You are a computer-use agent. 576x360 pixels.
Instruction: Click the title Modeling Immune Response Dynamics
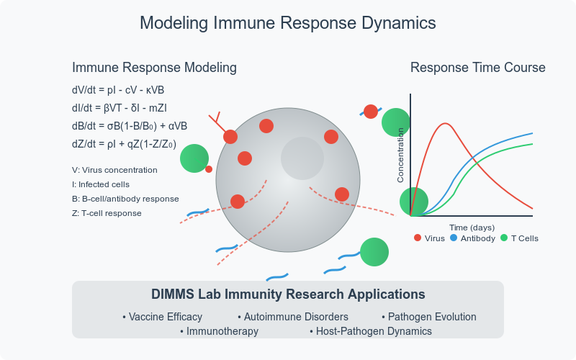pyautogui.click(x=288, y=23)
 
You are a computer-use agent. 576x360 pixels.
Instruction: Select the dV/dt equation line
pyautogui.click(x=119, y=91)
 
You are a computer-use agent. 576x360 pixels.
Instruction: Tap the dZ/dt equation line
pyautogui.click(x=124, y=143)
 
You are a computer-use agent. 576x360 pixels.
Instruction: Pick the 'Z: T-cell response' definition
pyautogui.click(x=107, y=213)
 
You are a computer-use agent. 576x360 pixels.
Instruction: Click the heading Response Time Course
pyautogui.click(x=477, y=68)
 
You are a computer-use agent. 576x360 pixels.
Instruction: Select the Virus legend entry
pyautogui.click(x=430, y=238)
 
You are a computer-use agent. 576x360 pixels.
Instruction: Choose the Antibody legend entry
pyautogui.click(x=472, y=238)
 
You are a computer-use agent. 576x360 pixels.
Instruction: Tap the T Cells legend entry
pyautogui.click(x=519, y=238)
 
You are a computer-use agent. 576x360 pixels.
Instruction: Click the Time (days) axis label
pyautogui.click(x=472, y=228)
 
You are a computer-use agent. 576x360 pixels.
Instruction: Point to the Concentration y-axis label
pyautogui.click(x=401, y=155)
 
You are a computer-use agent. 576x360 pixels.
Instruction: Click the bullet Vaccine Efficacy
pyautogui.click(x=163, y=317)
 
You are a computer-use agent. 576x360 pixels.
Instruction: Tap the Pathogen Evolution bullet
pyautogui.click(x=429, y=317)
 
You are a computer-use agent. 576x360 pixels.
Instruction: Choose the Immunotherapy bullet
pyautogui.click(x=220, y=331)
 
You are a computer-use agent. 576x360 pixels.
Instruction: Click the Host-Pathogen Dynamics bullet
pyautogui.click(x=371, y=331)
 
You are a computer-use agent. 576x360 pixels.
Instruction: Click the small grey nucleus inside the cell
pyautogui.click(x=302, y=159)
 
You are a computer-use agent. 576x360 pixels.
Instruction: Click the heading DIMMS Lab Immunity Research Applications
pyautogui.click(x=288, y=294)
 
